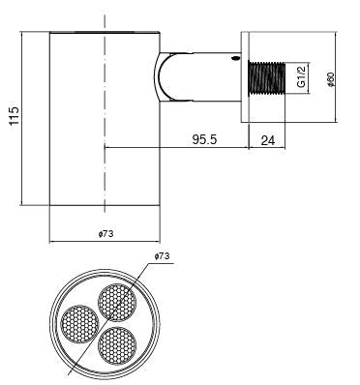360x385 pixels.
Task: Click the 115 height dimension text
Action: pos(12,118)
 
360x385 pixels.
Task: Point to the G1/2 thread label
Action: pos(302,75)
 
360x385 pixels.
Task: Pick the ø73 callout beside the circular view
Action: pos(162,256)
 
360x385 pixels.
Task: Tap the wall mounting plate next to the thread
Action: pos(244,77)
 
